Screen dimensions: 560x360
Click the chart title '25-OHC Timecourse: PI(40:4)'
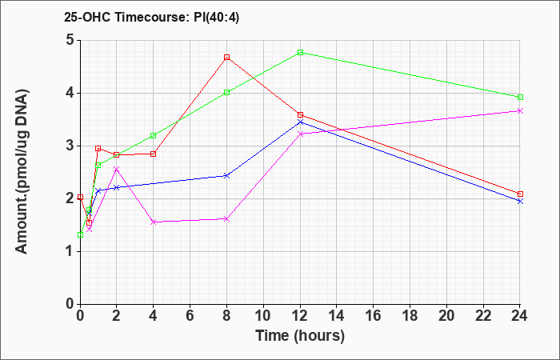coord(151,18)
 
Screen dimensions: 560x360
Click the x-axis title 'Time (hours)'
coord(300,336)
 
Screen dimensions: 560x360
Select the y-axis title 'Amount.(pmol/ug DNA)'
coord(22,172)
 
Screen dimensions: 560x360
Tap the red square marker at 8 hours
coord(226,57)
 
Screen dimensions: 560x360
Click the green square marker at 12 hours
coord(300,52)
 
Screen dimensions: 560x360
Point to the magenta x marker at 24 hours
coord(520,110)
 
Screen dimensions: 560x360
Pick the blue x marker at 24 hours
coord(520,202)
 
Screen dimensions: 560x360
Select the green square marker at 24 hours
coord(520,97)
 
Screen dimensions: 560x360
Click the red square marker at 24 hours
coord(520,194)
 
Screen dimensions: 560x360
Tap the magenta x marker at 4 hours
coord(154,222)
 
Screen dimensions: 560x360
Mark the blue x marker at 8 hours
coord(226,176)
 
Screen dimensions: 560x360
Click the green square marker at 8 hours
coord(226,93)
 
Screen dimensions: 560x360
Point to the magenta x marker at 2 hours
coord(117,169)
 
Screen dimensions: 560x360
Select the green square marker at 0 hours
coord(80,234)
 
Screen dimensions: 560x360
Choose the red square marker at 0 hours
coord(80,197)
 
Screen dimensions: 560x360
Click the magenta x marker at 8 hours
coord(226,218)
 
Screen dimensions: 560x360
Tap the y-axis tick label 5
coord(70,40)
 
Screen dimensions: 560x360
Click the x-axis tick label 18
coord(410,316)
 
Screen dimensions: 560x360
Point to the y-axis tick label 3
coord(70,146)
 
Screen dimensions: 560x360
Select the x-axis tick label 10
coord(263,316)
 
